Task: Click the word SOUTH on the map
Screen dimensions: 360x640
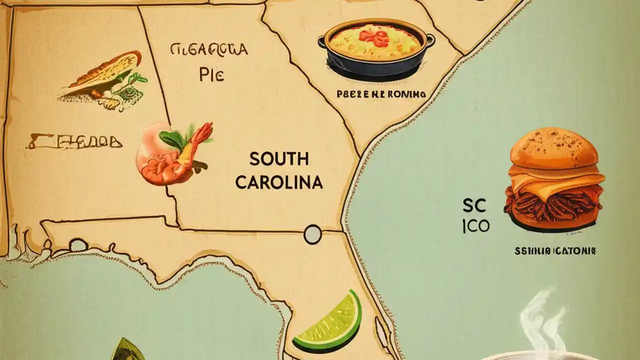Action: tap(279, 159)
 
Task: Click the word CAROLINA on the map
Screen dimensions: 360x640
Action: tap(279, 182)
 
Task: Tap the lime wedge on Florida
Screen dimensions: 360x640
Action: tap(328, 320)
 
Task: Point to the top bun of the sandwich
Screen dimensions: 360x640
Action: tap(554, 147)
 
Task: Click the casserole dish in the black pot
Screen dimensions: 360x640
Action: tap(376, 48)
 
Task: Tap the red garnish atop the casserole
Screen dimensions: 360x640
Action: tap(374, 35)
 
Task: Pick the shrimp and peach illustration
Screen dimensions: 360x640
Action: tap(172, 153)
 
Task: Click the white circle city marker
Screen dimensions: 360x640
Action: tap(312, 234)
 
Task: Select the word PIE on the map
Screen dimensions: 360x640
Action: tap(211, 74)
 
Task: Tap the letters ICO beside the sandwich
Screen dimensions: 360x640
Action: tap(476, 226)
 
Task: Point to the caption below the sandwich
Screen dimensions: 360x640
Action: tap(555, 251)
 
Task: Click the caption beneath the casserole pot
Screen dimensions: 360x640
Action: tap(381, 93)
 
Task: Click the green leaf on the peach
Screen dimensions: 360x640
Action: tap(172, 139)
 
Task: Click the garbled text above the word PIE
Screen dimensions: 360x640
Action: tap(209, 49)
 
